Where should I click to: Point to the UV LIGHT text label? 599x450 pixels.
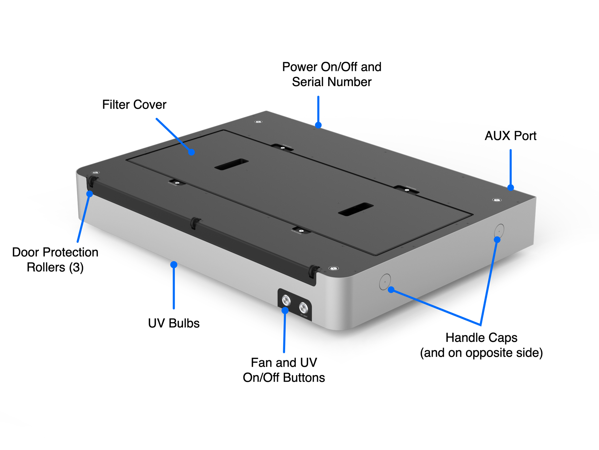pos(304,315)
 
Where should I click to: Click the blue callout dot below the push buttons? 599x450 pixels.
pos(285,311)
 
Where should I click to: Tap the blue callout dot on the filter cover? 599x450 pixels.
pos(191,152)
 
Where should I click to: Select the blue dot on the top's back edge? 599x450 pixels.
pos(318,125)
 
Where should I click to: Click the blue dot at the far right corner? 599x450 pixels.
pos(511,187)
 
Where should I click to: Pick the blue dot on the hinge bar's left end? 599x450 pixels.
pos(90,194)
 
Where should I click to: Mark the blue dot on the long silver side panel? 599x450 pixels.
pos(173,265)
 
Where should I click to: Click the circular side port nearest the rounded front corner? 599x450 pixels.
pos(385,282)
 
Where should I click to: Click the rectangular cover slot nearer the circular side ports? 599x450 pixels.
pos(356,209)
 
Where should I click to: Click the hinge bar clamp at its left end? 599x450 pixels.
pos(91,182)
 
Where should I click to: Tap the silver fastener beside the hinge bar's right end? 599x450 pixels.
pos(333,268)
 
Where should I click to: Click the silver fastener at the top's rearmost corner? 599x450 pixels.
pos(258,122)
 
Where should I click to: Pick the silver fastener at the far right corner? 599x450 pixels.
pos(497,200)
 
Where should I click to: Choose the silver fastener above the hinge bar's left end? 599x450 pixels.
pos(96,173)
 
